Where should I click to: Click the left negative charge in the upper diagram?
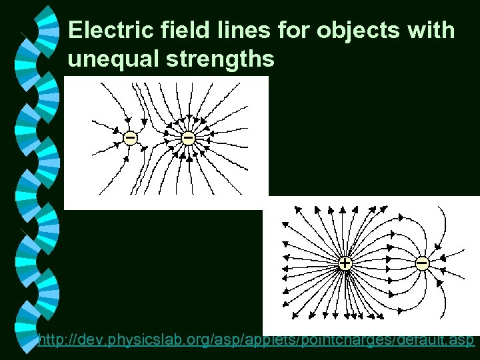(130, 138)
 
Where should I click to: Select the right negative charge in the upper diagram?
(188, 138)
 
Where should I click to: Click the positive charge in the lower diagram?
(344, 264)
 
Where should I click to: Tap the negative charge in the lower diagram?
(422, 264)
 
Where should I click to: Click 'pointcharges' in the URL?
(364, 341)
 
